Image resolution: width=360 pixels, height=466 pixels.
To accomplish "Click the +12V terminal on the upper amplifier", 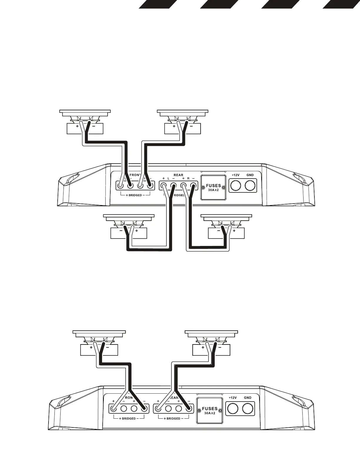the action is click(x=235, y=186).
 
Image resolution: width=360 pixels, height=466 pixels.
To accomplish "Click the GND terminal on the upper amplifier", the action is click(x=250, y=186).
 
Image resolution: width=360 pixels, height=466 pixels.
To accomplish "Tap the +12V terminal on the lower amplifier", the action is click(x=233, y=408).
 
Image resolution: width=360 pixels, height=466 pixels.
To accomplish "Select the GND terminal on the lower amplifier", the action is click(x=248, y=408).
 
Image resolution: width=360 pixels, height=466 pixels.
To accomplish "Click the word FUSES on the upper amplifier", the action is click(x=213, y=186).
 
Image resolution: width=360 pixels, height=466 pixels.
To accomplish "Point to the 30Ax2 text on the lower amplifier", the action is click(x=210, y=413).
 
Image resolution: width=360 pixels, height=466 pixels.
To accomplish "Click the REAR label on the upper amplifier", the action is click(x=178, y=175).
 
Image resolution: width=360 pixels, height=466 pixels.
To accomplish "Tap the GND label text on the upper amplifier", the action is click(x=250, y=175).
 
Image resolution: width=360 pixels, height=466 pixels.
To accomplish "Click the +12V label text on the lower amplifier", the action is click(x=233, y=398).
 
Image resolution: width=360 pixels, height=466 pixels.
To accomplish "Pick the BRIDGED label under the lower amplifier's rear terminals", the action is click(x=173, y=418).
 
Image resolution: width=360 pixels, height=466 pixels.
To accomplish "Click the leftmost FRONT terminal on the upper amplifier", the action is click(x=120, y=185).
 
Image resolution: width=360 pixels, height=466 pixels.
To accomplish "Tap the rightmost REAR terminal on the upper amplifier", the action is click(x=193, y=186).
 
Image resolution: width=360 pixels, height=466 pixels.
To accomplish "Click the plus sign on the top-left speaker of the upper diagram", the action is click(x=77, y=127).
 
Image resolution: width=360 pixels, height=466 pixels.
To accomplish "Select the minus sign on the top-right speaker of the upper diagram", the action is click(x=191, y=127).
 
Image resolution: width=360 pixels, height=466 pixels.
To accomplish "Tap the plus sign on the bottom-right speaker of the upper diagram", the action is click(x=234, y=231).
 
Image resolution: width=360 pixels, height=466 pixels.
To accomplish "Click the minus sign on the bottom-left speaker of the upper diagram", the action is click(x=121, y=231).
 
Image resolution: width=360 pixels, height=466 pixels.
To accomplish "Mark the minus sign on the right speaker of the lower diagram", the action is click(x=220, y=347).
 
